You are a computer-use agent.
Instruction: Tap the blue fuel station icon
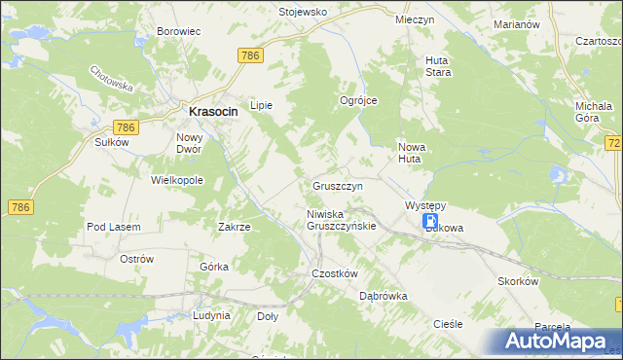click(x=430, y=223)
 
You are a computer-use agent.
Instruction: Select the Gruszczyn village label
click(x=338, y=185)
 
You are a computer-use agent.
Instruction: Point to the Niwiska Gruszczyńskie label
click(x=341, y=220)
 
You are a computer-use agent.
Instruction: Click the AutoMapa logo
click(x=556, y=341)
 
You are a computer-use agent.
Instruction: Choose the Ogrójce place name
click(x=357, y=100)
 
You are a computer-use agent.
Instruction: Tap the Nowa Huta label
click(x=413, y=153)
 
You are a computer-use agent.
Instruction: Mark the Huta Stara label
click(x=437, y=65)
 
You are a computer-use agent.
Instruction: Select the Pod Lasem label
click(x=114, y=227)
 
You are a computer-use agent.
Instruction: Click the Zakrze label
click(x=235, y=227)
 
